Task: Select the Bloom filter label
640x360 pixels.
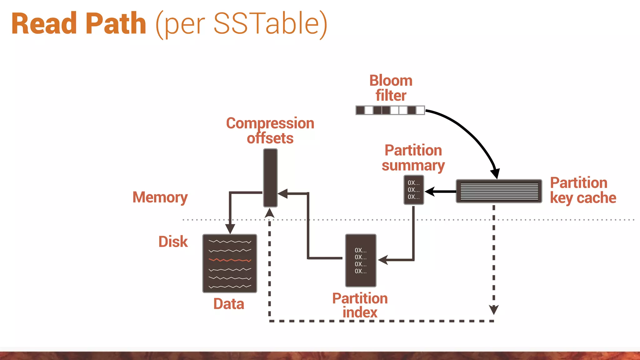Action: [x=391, y=88]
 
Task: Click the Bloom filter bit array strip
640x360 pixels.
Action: [x=390, y=110]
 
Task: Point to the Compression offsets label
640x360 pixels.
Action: [x=270, y=131]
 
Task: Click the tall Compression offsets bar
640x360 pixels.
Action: [x=270, y=177]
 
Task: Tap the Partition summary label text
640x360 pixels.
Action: [x=413, y=158]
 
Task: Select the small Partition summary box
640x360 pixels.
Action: [x=413, y=190]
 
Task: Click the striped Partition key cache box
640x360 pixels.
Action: [x=499, y=191]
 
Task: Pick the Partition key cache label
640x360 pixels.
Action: [x=582, y=190]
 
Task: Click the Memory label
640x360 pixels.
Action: [x=160, y=197]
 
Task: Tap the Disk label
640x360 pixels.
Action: [x=173, y=242]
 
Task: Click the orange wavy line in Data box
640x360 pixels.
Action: [x=230, y=260]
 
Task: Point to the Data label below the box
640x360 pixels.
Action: [x=229, y=304]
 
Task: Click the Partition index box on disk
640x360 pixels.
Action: [x=361, y=260]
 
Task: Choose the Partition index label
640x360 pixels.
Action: [x=360, y=305]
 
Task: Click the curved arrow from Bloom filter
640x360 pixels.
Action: [x=469, y=131]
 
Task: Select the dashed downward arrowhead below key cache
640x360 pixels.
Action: [x=493, y=310]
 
